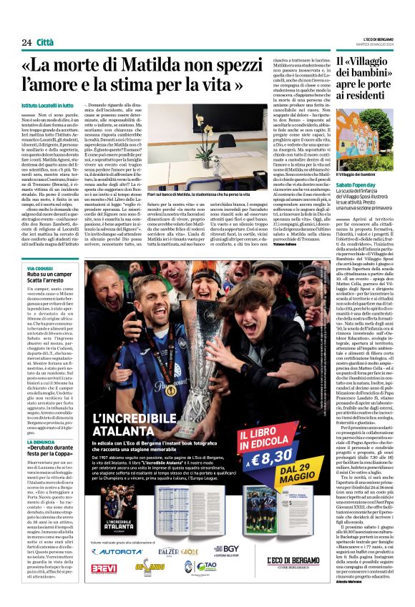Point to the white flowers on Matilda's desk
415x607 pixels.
pyautogui.click(x=215, y=154)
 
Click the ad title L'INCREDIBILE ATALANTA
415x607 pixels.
pyautogui.click(x=149, y=419)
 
